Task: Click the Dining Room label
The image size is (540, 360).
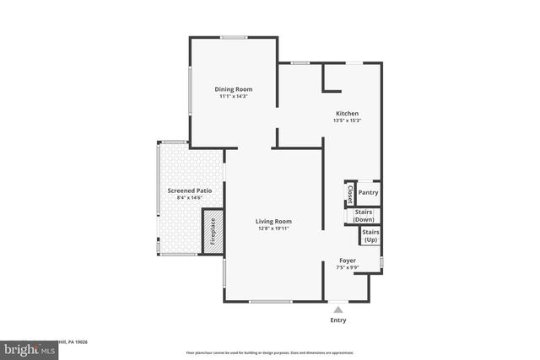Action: (x=233, y=89)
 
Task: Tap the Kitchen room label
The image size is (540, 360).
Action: (x=348, y=113)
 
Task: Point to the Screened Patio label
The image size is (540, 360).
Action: (x=189, y=191)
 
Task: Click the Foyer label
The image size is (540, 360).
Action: (x=348, y=261)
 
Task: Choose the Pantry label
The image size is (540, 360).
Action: (x=369, y=192)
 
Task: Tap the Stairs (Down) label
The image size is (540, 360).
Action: (x=364, y=215)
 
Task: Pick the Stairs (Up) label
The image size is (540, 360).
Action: (x=370, y=235)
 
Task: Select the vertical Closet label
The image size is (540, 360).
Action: (x=349, y=195)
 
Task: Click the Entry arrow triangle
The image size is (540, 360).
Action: (x=337, y=309)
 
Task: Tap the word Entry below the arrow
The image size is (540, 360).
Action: (x=337, y=320)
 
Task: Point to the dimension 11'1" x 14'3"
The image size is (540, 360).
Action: (x=233, y=96)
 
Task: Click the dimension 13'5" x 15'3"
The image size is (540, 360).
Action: (x=348, y=121)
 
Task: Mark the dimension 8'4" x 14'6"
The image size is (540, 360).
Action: (x=189, y=198)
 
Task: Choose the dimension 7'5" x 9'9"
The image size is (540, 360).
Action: (x=348, y=268)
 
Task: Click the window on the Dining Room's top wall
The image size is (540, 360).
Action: (x=234, y=37)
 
